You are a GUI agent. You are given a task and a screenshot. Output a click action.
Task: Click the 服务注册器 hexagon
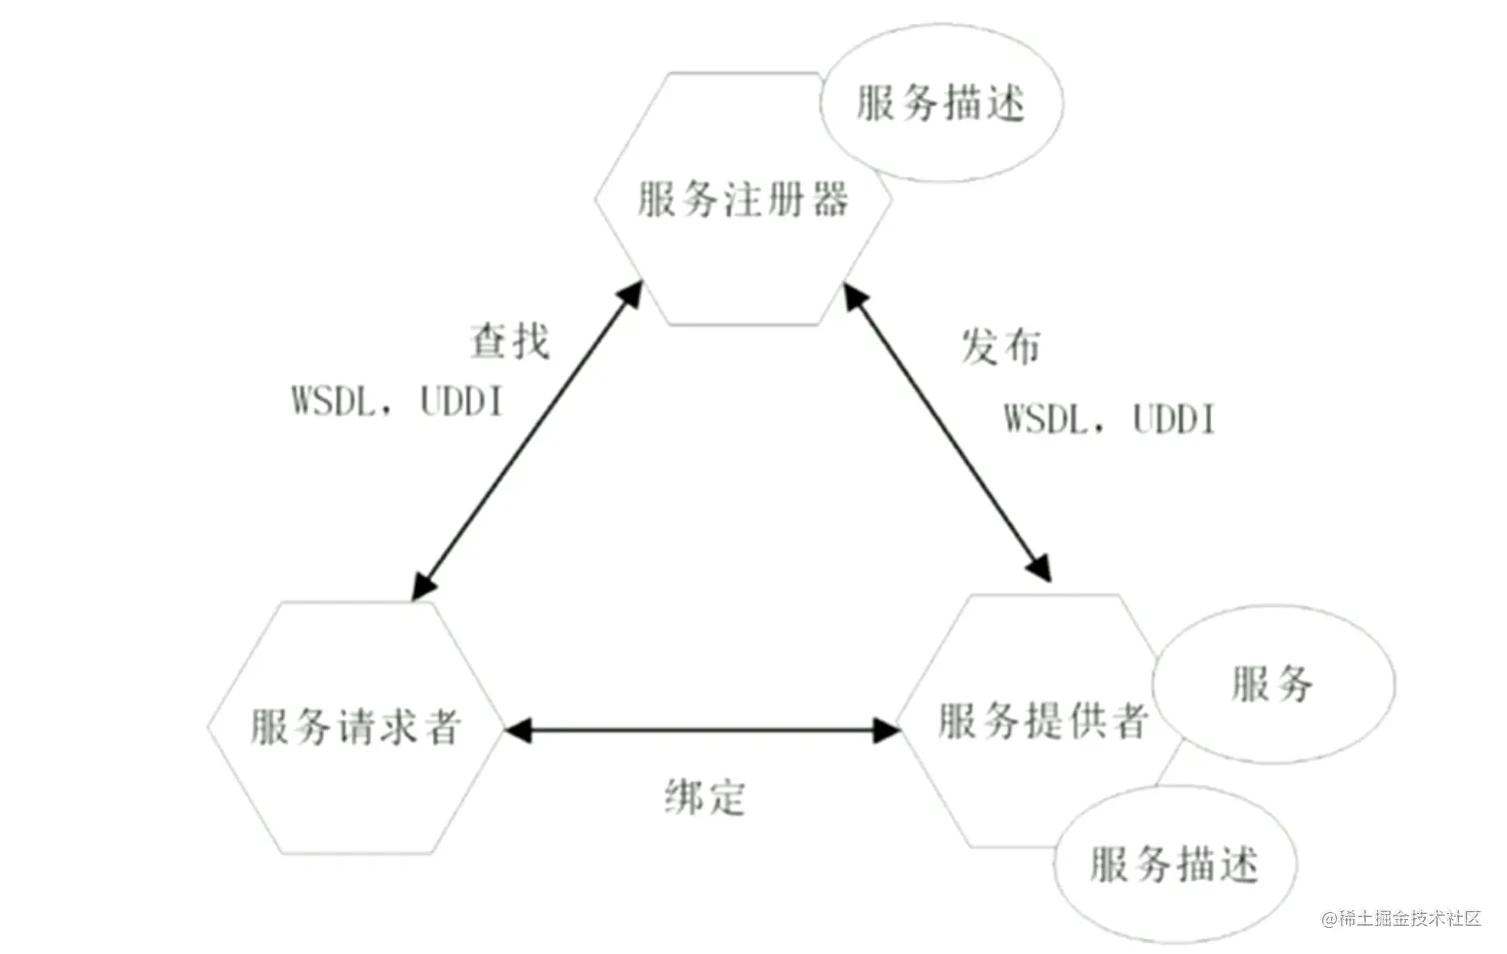click(x=742, y=200)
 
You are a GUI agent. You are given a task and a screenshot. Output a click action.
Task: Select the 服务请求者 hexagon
click(x=355, y=727)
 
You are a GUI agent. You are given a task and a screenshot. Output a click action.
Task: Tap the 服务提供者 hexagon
click(x=1039, y=721)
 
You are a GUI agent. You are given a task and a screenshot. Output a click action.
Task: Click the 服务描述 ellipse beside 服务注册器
click(x=940, y=104)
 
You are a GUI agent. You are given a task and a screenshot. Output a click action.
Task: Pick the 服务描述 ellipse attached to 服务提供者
click(x=1174, y=864)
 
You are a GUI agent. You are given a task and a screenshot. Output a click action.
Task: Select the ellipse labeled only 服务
click(x=1272, y=684)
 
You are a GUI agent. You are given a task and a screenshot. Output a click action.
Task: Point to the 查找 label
click(x=510, y=342)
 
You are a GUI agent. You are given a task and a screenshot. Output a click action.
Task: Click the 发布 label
click(x=1000, y=348)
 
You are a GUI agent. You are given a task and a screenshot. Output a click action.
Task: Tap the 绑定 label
click(x=705, y=797)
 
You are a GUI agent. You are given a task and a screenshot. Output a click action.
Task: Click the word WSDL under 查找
click(x=334, y=402)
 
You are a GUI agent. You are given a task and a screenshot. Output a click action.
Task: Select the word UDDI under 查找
click(x=461, y=402)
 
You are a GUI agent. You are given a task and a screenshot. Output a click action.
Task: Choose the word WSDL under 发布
click(x=1045, y=419)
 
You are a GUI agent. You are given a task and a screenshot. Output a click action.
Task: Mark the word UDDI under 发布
click(x=1174, y=419)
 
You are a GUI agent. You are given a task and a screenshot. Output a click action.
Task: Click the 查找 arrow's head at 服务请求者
click(x=424, y=586)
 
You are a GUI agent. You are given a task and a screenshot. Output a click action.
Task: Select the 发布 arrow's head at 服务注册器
click(x=854, y=294)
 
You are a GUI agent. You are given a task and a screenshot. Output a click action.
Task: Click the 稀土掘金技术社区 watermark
click(x=1401, y=918)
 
